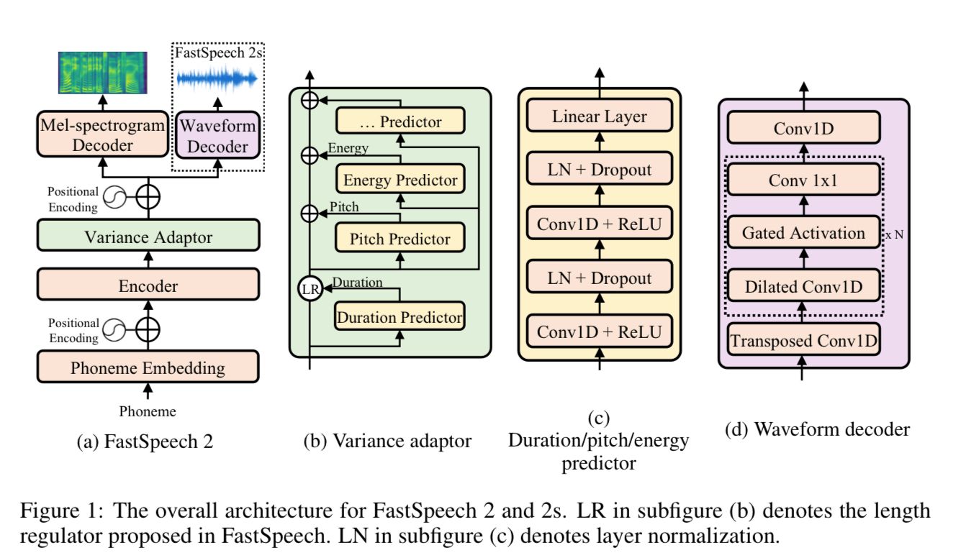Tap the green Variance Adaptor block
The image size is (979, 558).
[148, 237]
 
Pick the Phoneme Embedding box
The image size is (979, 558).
[148, 369]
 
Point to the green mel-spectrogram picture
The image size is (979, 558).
[102, 73]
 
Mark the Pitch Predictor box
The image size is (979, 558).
[400, 239]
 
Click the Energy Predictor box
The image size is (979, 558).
[400, 180]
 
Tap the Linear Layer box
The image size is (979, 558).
[600, 116]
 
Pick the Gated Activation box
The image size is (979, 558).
[803, 233]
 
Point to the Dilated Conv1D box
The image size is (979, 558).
[803, 287]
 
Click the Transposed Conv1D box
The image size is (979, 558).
[803, 340]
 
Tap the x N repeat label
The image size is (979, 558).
[895, 234]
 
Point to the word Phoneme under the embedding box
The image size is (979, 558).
[148, 412]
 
